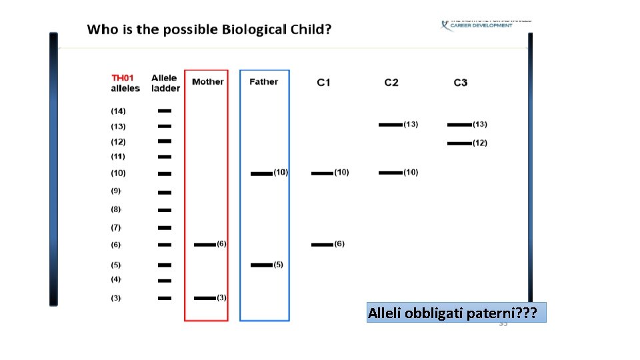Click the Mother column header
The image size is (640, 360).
207,82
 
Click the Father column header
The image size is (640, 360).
263,82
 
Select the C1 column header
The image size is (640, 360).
323,83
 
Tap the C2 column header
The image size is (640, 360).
391,83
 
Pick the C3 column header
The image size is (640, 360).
460,83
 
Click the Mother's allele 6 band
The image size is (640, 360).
205,245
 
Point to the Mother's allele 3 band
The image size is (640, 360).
205,298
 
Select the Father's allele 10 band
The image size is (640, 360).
261,173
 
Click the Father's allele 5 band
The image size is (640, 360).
261,265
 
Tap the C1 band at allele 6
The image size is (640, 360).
322,245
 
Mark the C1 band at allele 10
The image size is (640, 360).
322,173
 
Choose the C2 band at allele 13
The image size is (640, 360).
390,125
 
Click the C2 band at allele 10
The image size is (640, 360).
390,173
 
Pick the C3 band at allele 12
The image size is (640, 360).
459,143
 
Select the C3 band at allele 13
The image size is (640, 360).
459,125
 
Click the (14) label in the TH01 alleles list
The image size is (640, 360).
118,111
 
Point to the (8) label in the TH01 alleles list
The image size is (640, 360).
116,209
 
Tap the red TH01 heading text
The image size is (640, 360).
122,78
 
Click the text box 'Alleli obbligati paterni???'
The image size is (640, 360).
456,313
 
